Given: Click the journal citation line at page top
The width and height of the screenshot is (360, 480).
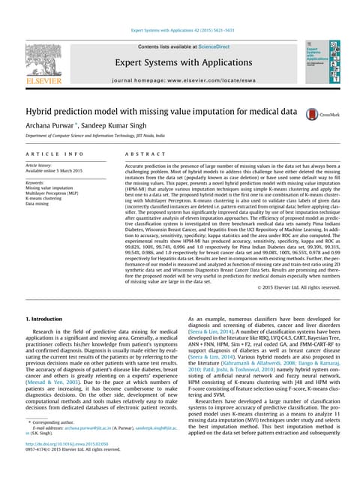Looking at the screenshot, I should (x=179, y=30).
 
